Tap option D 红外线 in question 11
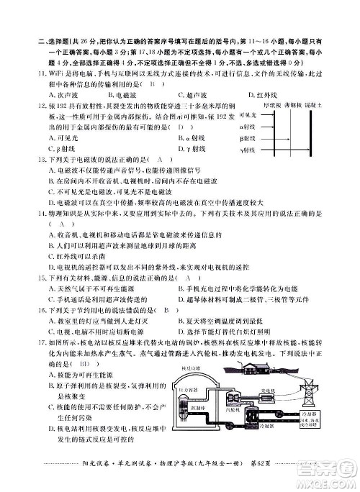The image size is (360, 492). pyautogui.click(x=262, y=94)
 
